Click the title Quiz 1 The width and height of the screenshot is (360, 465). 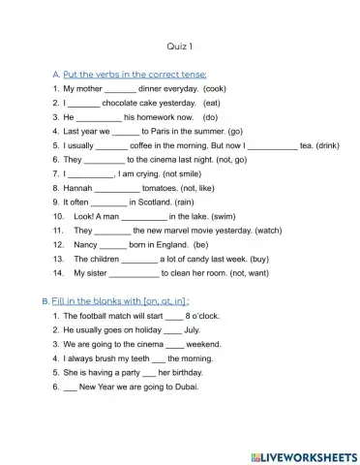[x=180, y=46]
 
